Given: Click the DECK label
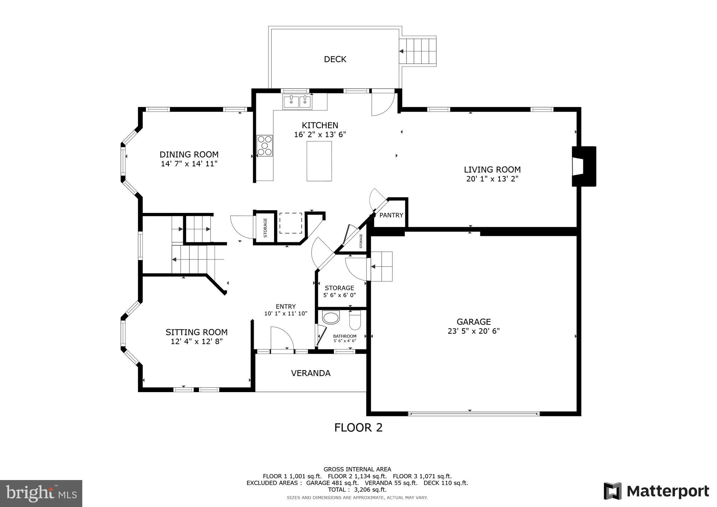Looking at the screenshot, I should (x=335, y=59).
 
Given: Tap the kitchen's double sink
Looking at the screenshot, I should (x=297, y=102).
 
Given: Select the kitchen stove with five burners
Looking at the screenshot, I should (x=265, y=146).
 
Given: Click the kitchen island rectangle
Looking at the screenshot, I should (x=319, y=161).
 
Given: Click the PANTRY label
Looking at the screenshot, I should (x=391, y=215).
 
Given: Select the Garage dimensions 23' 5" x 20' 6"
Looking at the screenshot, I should (x=473, y=331).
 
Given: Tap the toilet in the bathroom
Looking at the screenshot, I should (x=355, y=320).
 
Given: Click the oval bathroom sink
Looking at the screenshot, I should (x=331, y=318).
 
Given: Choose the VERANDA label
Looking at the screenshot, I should (x=311, y=373).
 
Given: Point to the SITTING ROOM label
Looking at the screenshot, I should (x=196, y=332).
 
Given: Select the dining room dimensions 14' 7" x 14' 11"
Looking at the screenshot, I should (x=189, y=164).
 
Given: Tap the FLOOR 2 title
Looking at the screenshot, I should (x=358, y=428).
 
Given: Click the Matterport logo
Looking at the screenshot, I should (x=656, y=491).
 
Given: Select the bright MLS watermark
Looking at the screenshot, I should (x=41, y=493).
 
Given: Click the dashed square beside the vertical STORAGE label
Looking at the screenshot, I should (x=291, y=223).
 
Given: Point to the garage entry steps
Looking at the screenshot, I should (x=382, y=266).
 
